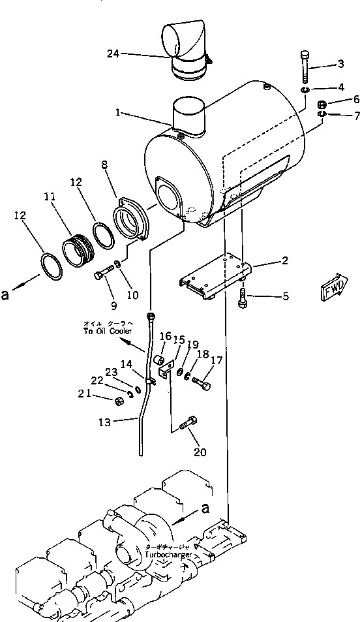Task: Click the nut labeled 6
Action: [322, 104]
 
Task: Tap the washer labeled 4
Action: [305, 89]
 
